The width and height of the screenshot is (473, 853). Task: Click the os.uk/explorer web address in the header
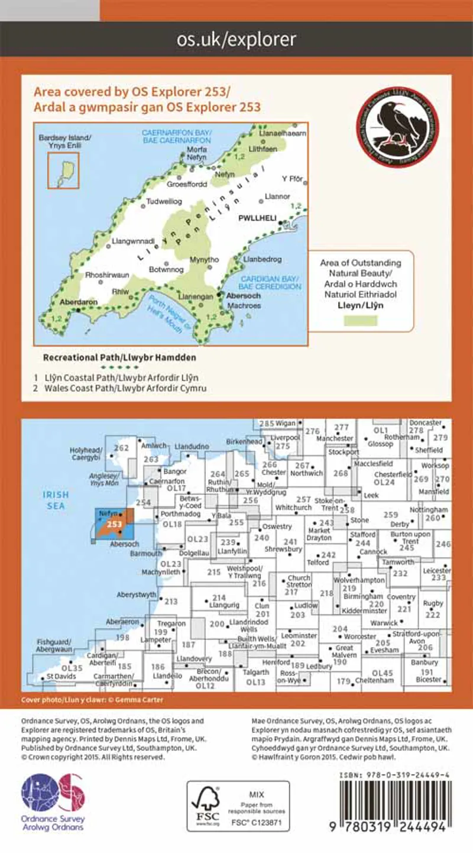point(237,40)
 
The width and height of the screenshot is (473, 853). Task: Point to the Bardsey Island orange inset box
point(63,170)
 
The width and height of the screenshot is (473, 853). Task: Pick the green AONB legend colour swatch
point(361,320)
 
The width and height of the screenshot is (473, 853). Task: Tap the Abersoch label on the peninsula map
point(241,296)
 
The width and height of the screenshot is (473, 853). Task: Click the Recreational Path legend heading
point(119,358)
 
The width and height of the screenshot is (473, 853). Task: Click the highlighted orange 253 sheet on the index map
point(114,524)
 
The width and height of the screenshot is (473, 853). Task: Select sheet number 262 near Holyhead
point(121,448)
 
